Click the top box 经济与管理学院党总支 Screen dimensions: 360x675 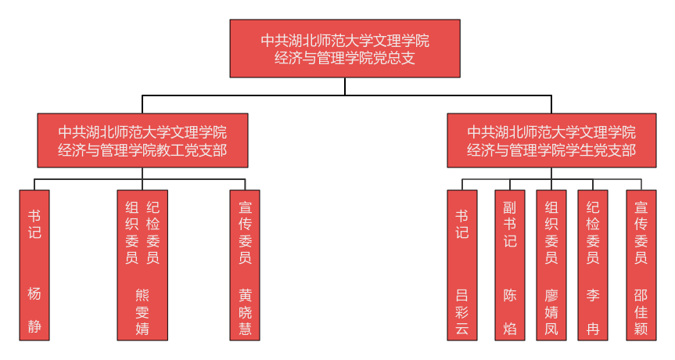344,49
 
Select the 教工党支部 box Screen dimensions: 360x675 142,140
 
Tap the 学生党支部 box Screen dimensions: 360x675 551,140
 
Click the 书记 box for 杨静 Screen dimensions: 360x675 34,265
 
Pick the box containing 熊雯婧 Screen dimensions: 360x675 142,265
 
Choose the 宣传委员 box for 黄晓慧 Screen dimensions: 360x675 245,265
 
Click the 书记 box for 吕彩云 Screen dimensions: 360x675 462,265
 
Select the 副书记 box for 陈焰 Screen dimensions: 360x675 510,265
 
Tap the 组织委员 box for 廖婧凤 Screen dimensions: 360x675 551,265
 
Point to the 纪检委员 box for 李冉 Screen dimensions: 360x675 593,265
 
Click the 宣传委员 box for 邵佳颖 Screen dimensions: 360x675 641,265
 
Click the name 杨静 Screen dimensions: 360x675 34,311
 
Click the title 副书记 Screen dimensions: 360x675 510,225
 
